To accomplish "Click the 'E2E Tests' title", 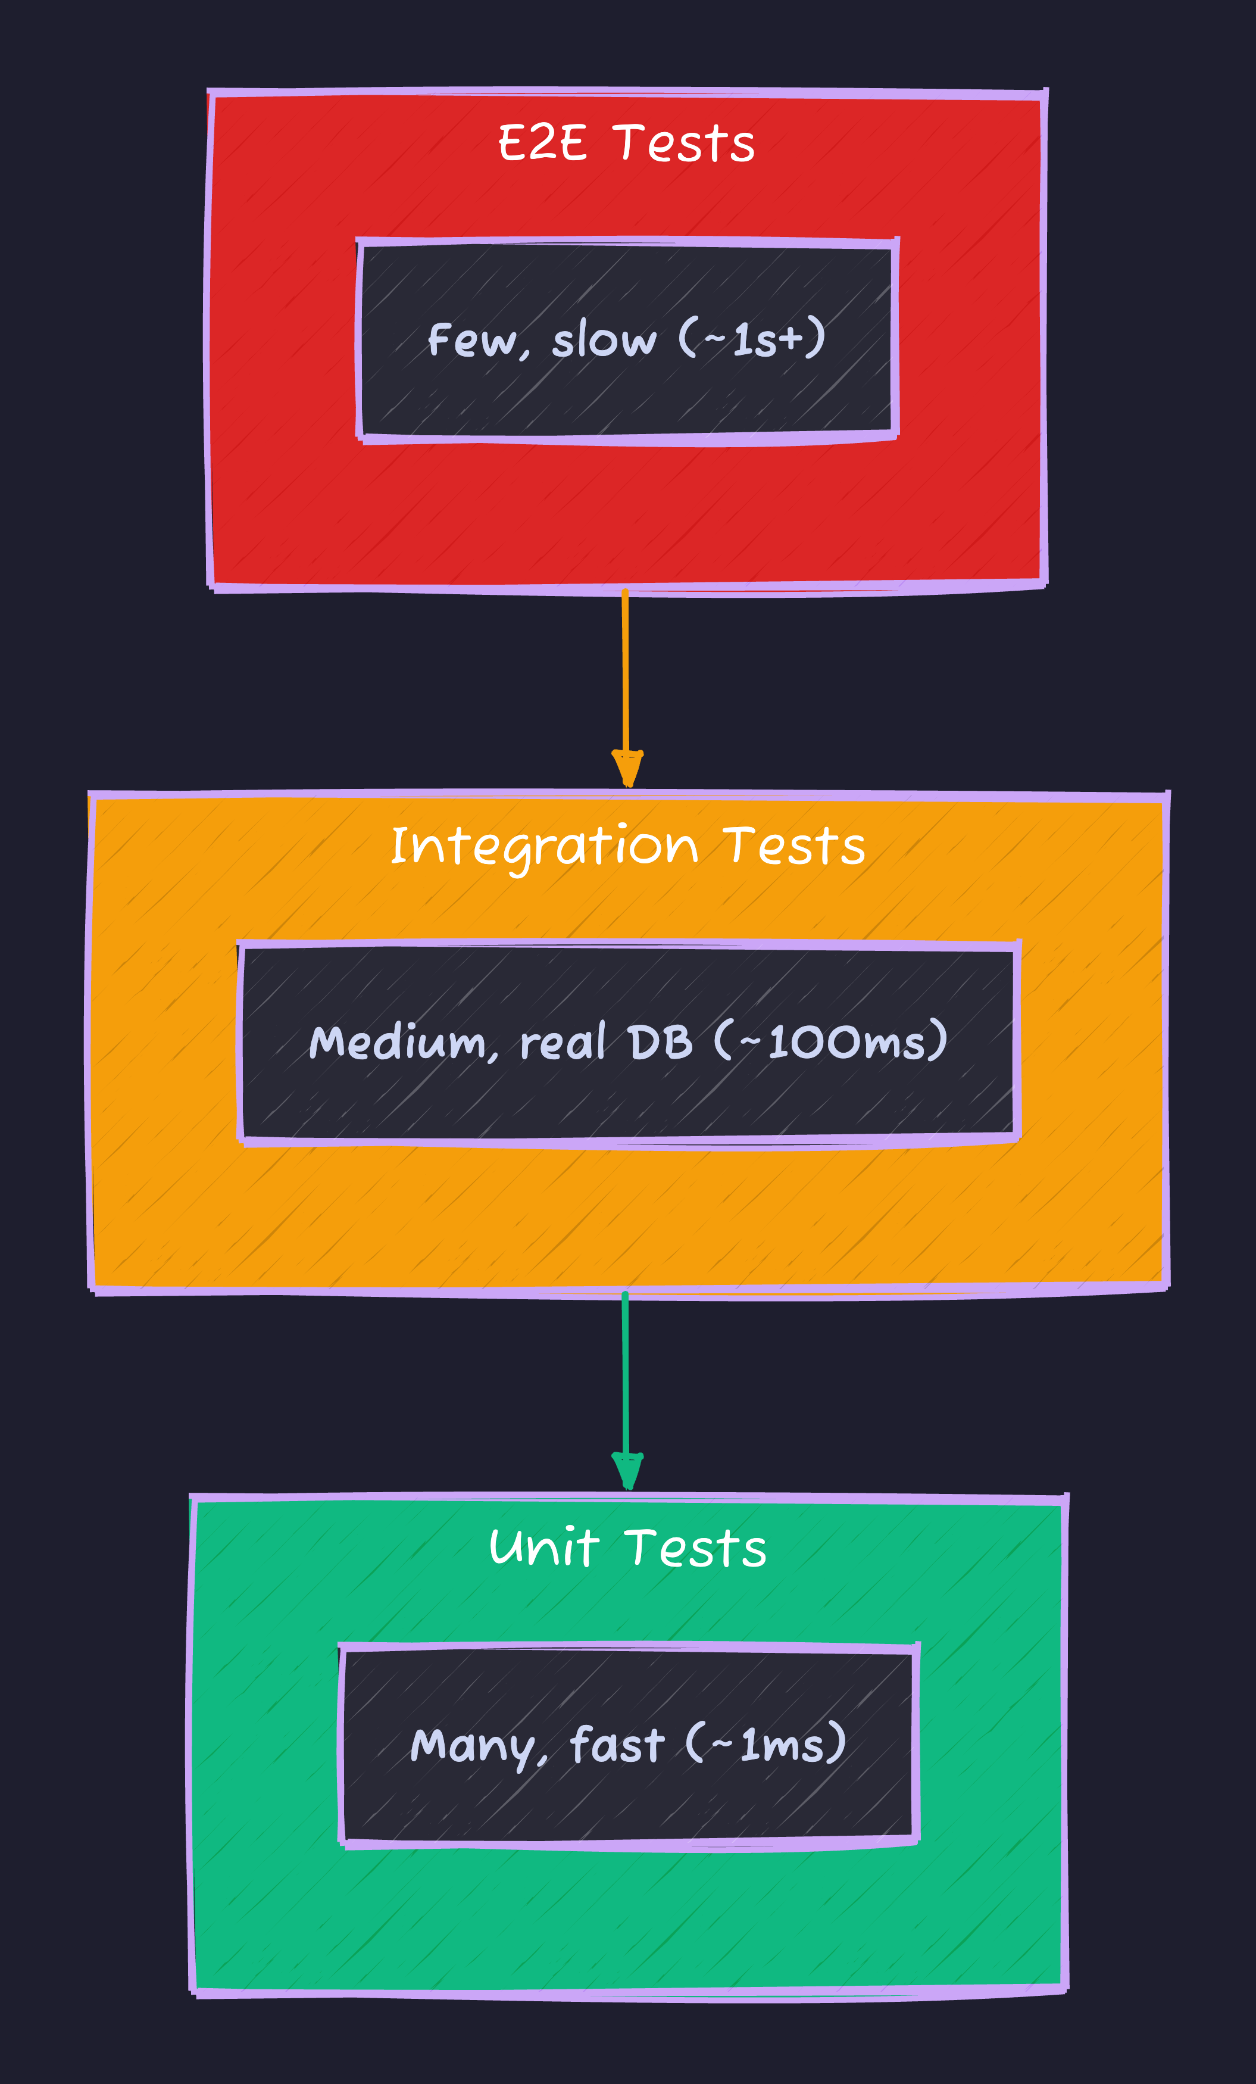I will tap(626, 142).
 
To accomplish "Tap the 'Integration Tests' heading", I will tap(627, 845).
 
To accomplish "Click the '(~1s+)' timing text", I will tap(752, 338).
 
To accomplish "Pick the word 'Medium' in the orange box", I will tap(396, 1042).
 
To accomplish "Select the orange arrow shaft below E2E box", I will tap(625, 668).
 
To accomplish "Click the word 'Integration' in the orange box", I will tap(545, 845).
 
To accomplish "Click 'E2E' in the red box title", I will tap(541, 142).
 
